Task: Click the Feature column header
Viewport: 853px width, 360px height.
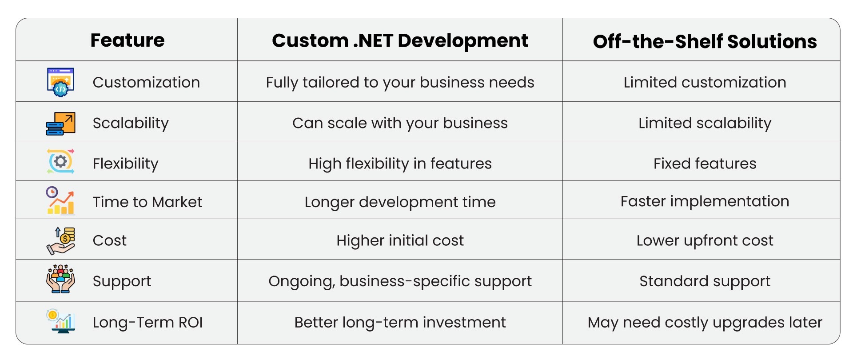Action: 128,40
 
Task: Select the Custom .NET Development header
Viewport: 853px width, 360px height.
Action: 400,40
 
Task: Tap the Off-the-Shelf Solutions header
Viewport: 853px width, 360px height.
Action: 705,41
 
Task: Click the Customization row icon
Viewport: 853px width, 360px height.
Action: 60,82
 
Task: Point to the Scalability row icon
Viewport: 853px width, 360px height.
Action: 60,123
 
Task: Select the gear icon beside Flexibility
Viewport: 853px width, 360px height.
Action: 60,161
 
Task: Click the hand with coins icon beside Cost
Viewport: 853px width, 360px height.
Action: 60,240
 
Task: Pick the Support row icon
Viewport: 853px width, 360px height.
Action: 60,279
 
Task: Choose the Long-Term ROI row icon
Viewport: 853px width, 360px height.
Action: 60,321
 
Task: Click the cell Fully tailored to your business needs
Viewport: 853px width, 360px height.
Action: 400,83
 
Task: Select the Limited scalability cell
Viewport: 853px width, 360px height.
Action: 705,123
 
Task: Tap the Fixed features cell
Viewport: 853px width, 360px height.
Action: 705,164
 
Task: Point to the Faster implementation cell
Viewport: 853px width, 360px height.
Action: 705,201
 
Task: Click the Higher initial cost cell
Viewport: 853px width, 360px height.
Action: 400,240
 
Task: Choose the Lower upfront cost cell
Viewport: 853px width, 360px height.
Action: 705,240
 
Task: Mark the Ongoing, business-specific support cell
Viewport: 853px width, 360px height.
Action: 400,281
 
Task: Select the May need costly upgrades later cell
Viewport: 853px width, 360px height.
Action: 705,322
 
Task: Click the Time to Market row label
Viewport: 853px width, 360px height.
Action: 147,202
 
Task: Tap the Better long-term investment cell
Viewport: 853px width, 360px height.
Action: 400,322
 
